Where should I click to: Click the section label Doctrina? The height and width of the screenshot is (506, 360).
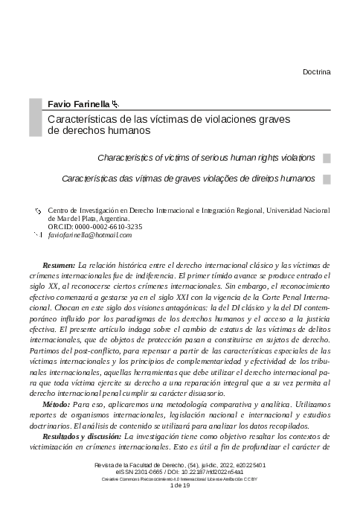coord(317,71)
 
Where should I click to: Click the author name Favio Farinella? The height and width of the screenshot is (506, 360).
coord(79,104)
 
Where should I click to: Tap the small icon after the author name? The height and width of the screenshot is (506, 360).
coord(115,105)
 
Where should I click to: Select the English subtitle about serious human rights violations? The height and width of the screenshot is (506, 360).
coord(206,158)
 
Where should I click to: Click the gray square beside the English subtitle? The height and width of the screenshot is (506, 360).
coord(327,158)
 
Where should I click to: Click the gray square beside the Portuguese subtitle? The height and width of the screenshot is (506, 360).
coord(327,179)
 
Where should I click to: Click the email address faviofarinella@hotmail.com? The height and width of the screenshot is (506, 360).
coord(89,235)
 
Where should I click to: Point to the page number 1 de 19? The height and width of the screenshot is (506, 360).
coord(180,486)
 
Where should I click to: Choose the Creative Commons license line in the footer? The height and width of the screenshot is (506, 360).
coord(180,479)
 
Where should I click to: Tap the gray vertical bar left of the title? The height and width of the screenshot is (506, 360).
coord(34,117)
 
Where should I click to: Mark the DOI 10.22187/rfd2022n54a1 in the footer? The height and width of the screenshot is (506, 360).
coord(210,472)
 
